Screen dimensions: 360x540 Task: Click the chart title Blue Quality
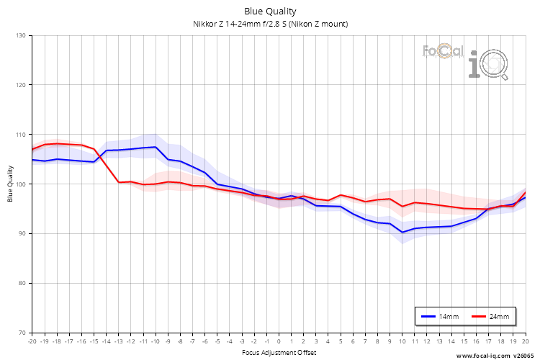click(270, 12)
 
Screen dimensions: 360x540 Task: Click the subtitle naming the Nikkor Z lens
click(270, 24)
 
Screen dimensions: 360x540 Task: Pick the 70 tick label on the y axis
click(21, 333)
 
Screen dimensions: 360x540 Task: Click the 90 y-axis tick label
click(21, 233)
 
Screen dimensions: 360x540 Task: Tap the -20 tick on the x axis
click(32, 341)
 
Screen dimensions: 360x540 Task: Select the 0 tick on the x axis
click(279, 341)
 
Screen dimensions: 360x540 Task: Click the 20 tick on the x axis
click(525, 341)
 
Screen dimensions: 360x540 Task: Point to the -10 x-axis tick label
click(155, 341)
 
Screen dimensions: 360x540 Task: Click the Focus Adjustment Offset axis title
click(279, 352)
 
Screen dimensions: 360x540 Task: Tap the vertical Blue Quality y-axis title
click(11, 184)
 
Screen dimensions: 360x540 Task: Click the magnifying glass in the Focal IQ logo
click(496, 66)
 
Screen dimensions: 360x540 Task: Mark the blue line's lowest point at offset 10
click(402, 232)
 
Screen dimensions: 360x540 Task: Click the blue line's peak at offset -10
click(156, 147)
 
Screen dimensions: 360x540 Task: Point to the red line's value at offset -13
click(119, 182)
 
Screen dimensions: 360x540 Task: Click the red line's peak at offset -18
click(57, 143)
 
